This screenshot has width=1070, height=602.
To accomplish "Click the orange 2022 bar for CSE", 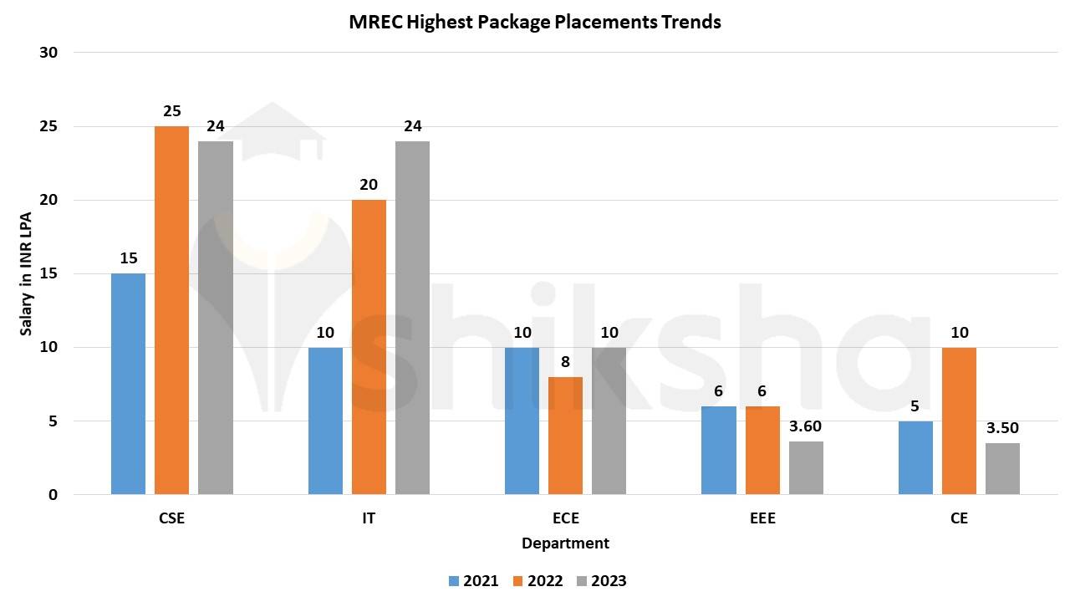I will pos(171,310).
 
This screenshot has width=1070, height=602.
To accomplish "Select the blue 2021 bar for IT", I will pos(325,421).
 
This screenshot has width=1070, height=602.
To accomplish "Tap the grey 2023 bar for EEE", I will pos(806,467).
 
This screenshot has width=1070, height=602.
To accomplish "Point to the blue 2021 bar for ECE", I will pos(522,421).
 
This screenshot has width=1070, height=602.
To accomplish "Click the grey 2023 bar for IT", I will pos(412,318).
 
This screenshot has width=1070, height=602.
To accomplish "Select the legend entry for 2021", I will pos(473,581).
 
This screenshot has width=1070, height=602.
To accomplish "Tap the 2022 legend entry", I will pos(537,581).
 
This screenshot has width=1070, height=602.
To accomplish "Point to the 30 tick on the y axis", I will pos(48,53).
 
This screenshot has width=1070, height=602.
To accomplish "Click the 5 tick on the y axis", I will pos(53,421).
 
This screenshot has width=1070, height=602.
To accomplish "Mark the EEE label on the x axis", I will pos(762,518).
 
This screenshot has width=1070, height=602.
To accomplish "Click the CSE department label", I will pos(171,518).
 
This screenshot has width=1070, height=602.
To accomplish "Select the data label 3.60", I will pos(806,426).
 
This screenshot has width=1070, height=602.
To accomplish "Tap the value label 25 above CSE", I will pos(171,111).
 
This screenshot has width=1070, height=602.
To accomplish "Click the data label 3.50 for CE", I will pos(1002,428).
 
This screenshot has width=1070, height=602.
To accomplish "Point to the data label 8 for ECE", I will pos(565,362).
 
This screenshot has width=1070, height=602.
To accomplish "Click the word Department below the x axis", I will pos(565,543).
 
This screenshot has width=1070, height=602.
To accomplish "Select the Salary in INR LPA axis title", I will pos(27,273).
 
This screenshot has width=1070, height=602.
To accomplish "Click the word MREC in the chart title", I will pos(374,23).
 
